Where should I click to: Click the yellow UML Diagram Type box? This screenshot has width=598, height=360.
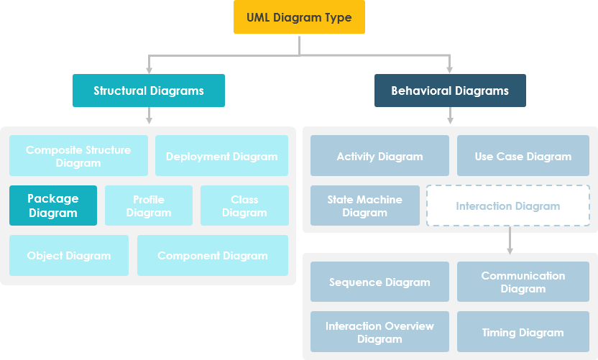(x=299, y=17)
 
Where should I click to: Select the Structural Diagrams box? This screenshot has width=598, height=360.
(x=149, y=91)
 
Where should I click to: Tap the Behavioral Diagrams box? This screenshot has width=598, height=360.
(x=450, y=91)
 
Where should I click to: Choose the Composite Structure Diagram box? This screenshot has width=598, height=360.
(x=78, y=156)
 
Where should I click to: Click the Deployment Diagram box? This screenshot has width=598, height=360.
(x=221, y=156)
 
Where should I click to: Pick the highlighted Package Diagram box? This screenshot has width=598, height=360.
(x=52, y=206)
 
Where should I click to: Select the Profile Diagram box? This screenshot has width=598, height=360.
(x=149, y=206)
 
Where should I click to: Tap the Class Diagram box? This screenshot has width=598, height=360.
(x=244, y=206)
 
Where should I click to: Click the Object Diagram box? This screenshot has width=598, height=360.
(x=69, y=255)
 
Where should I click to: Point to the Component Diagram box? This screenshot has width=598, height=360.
(x=212, y=255)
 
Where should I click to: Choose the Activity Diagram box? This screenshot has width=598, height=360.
(x=379, y=156)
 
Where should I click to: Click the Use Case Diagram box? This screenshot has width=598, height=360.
(x=523, y=156)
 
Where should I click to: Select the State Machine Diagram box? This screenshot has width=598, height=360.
(x=364, y=206)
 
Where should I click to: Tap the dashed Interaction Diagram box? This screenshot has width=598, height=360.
(x=508, y=206)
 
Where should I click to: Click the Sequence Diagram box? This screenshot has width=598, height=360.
(x=379, y=282)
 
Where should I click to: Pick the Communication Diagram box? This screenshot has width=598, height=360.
(x=523, y=282)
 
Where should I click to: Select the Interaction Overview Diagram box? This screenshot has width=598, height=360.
(x=379, y=331)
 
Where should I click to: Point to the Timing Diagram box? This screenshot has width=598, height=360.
(x=523, y=331)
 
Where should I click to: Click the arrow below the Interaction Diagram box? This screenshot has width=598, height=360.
(x=510, y=240)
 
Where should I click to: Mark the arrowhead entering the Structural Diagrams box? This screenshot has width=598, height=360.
(x=149, y=70)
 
